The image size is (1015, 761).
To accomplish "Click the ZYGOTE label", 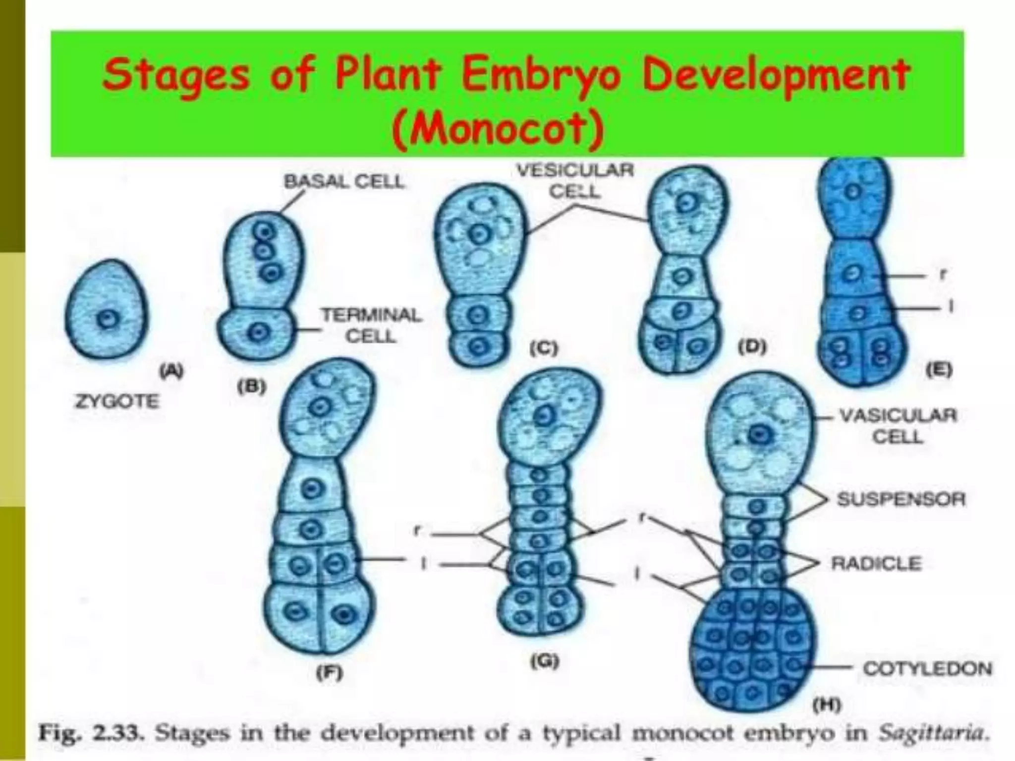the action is (x=117, y=401).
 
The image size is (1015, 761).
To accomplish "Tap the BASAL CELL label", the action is (x=344, y=182).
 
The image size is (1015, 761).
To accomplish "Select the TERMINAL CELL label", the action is (x=371, y=325).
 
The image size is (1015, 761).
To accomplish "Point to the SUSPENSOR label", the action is (x=901, y=499).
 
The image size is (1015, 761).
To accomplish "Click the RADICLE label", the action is (x=876, y=563).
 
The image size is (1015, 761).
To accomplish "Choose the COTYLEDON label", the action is (x=927, y=668).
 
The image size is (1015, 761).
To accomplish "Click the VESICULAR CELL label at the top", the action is (x=575, y=180).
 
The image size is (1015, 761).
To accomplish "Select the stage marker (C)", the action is (x=544, y=348).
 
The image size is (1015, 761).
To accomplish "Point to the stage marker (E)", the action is (x=938, y=369).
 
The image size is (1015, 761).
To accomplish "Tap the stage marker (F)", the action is (x=330, y=672).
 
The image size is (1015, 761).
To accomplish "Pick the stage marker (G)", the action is (x=544, y=661).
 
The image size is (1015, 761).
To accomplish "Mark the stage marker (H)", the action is (x=826, y=705).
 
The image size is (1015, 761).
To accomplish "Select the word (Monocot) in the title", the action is (x=498, y=130).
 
